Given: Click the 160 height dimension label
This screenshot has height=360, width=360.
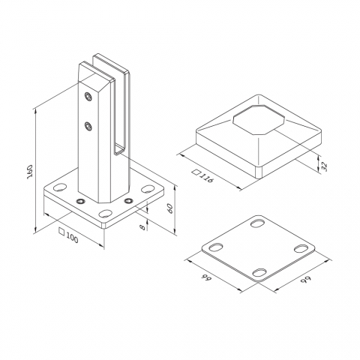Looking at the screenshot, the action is [30, 172].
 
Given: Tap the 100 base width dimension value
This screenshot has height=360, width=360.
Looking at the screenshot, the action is [72, 238].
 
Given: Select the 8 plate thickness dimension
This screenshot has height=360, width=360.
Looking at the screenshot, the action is [142, 226].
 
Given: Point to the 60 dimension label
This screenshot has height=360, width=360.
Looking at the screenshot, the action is [169, 208].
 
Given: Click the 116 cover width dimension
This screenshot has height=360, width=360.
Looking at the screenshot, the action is [206, 178].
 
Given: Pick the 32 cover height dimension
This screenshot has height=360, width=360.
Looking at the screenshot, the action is [324, 166].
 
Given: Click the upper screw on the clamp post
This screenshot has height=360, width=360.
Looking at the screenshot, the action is [88, 96].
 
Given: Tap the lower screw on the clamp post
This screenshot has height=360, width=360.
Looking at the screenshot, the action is [88, 126].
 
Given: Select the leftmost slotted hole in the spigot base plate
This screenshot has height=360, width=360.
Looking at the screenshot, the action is [60, 187].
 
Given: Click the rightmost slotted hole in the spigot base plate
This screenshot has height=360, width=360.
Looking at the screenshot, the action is [148, 189].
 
